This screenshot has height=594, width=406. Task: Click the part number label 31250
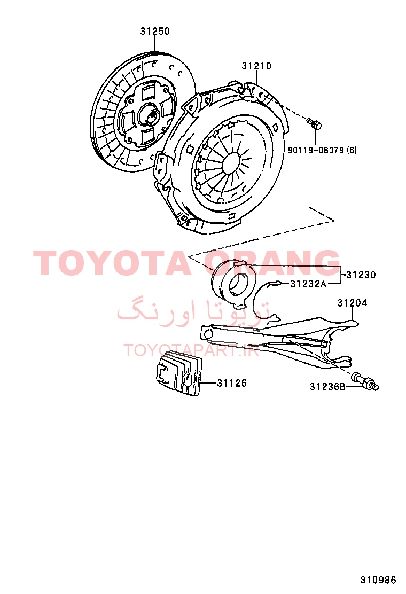[155, 31]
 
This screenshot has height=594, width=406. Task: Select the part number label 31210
[256, 66]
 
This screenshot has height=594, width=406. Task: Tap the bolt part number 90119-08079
[316, 150]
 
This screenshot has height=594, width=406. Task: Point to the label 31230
[361, 275]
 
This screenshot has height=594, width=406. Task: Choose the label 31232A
[308, 283]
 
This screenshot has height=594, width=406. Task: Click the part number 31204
[352, 303]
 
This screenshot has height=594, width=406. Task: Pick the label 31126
[232, 383]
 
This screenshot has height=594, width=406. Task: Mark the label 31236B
[327, 386]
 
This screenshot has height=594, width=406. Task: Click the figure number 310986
[378, 580]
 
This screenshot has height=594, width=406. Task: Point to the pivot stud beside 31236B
[365, 381]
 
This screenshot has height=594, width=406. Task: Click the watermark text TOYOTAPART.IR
[191, 350]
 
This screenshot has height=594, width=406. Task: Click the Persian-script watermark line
[194, 311]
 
